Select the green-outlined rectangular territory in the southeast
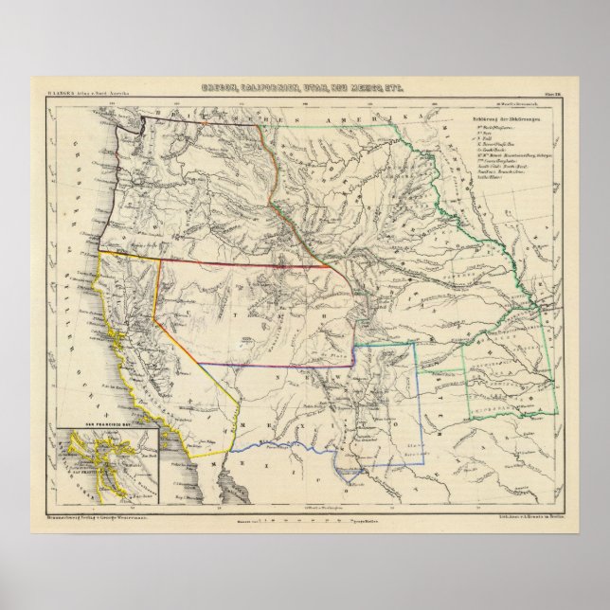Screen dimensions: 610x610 coord(511,379)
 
